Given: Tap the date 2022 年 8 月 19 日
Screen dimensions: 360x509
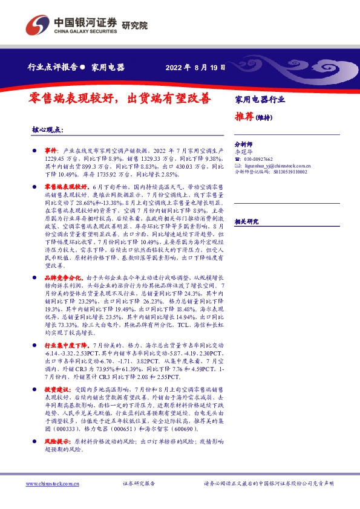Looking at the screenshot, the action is (x=195, y=68).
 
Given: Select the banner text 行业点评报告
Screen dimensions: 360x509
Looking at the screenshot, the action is (x=53, y=68).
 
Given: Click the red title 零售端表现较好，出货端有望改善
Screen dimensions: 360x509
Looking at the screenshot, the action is (x=121, y=99).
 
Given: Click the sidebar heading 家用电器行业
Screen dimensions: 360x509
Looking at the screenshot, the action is (x=260, y=99).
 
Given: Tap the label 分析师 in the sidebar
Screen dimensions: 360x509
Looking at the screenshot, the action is (x=243, y=145).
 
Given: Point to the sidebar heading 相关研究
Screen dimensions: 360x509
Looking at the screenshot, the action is (x=247, y=221).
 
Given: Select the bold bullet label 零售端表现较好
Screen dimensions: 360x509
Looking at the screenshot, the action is (x=63, y=189).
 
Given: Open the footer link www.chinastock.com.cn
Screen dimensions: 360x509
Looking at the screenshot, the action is (x=52, y=484).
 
